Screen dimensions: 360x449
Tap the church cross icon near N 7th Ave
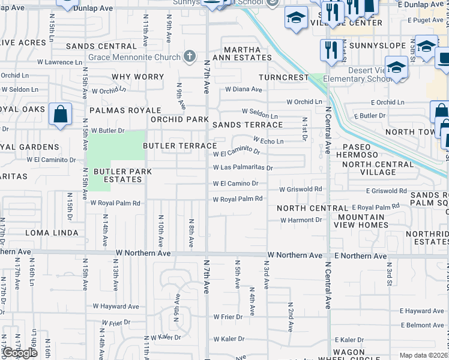pyautogui.click(x=190, y=57)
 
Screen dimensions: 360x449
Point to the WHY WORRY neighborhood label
pyautogui.click(x=137, y=77)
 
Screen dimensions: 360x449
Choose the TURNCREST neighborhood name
pyautogui.click(x=283, y=78)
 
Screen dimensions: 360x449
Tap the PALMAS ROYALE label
pyautogui.click(x=125, y=110)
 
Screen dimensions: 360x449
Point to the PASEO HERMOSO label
pyautogui.click(x=361, y=151)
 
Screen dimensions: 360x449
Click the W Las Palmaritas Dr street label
pyautogui.click(x=243, y=168)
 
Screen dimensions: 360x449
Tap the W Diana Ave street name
pyautogui.click(x=244, y=89)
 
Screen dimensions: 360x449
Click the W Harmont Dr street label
pyautogui.click(x=301, y=220)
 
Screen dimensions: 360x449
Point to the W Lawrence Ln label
pyautogui.click(x=55, y=62)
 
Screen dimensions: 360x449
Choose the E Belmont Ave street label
pyautogui.click(x=421, y=325)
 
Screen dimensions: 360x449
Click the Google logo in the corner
pyautogui.click(x=20, y=353)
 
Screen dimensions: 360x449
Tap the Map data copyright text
pyautogui.click(x=424, y=355)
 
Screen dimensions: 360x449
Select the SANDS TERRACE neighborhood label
pyautogui.click(x=247, y=125)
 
